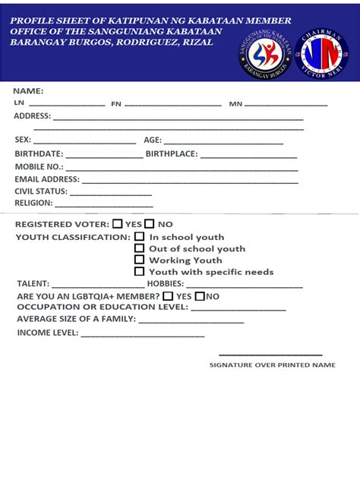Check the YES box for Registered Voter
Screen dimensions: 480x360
point(118,224)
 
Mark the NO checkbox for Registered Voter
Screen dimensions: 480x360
point(150,224)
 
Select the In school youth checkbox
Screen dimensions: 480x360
point(140,236)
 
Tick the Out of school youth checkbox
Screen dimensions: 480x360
point(140,248)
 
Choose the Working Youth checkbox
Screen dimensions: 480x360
point(140,259)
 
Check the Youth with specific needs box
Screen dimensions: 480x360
point(140,271)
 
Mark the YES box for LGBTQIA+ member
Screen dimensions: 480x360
point(168,296)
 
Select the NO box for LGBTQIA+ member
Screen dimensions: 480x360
point(200,296)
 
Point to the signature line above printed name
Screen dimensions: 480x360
point(271,355)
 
